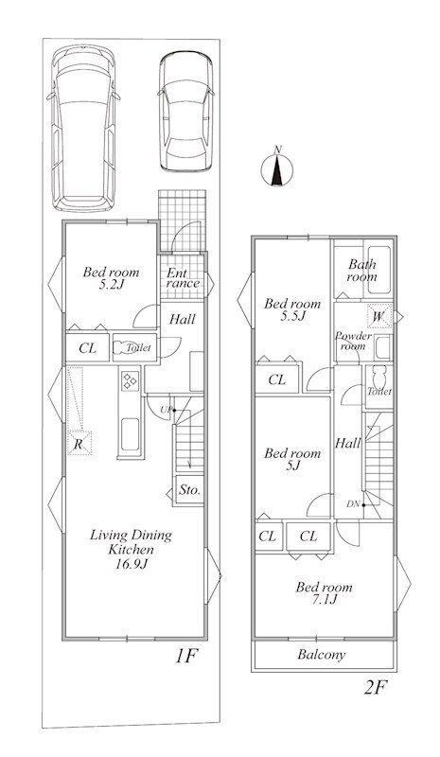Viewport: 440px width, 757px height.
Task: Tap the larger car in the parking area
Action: click(x=83, y=129)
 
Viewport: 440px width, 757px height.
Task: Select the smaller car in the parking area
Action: click(x=186, y=112)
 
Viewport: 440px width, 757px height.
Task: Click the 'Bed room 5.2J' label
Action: click(x=111, y=278)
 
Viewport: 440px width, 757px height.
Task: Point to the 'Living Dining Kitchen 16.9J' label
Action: click(x=131, y=549)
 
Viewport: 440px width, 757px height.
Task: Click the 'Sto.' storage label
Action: click(x=189, y=490)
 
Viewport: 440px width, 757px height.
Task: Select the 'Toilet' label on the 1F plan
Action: click(x=138, y=347)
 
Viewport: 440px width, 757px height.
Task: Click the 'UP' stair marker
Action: click(x=166, y=411)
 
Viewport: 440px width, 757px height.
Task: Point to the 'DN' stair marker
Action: click(x=353, y=504)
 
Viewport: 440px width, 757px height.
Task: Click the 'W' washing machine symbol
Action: click(x=379, y=317)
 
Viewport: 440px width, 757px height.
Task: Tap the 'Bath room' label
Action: click(x=361, y=271)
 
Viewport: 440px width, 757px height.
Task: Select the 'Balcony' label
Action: click(x=322, y=655)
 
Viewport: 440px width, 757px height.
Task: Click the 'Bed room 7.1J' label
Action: click(x=324, y=593)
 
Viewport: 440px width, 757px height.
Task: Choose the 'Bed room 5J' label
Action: click(x=292, y=459)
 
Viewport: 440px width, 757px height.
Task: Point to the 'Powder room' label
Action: click(x=353, y=341)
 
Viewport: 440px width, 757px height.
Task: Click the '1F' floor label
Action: click(x=186, y=656)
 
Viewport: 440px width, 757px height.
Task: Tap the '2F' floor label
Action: click(x=376, y=687)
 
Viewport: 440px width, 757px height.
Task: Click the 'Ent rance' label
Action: click(x=183, y=278)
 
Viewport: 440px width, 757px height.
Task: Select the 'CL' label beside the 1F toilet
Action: click(x=87, y=348)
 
